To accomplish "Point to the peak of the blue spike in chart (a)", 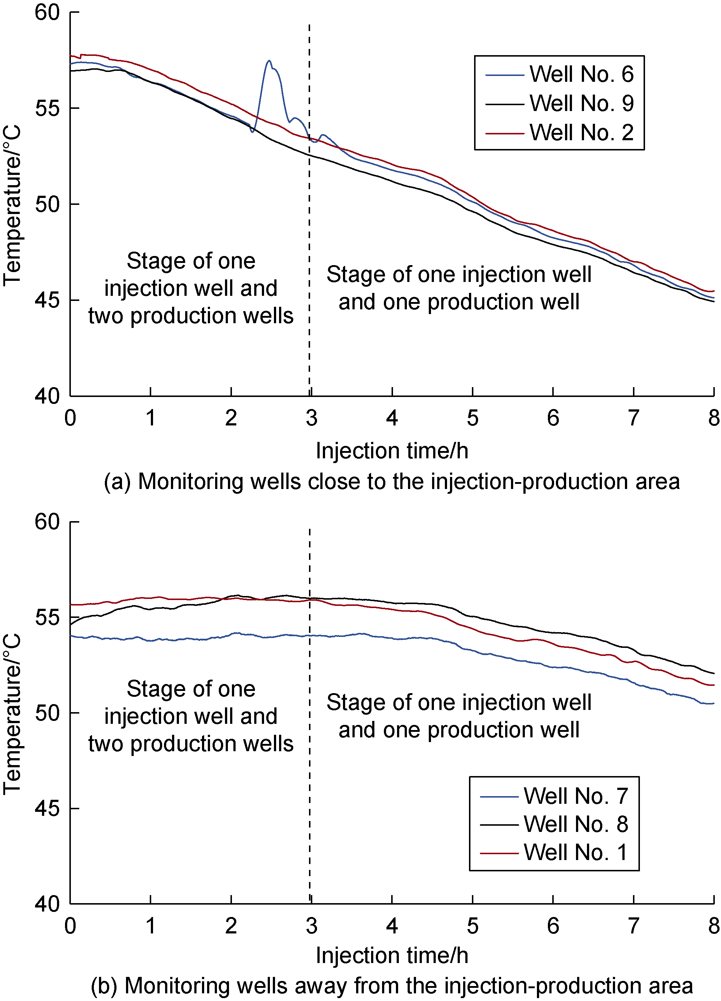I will pyautogui.click(x=269, y=61).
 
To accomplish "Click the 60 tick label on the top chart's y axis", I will pyautogui.click(x=47, y=12).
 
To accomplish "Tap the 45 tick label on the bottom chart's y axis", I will pyautogui.click(x=47, y=809).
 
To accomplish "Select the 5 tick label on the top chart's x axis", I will pyautogui.click(x=472, y=418).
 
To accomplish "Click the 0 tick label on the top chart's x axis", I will pyautogui.click(x=70, y=418).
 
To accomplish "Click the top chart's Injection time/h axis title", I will pyautogui.click(x=392, y=451).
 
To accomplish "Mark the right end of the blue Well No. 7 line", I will pyautogui.click(x=713, y=703).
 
